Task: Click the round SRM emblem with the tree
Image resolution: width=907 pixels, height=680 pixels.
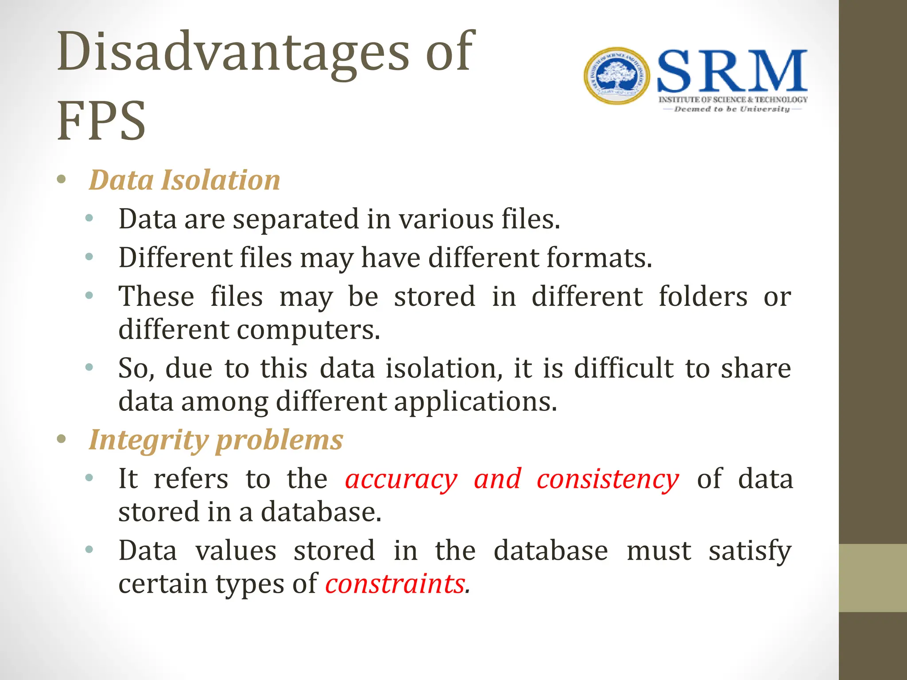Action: pyautogui.click(x=616, y=76)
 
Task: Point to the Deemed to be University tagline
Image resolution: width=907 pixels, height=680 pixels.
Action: pyautogui.click(x=732, y=109)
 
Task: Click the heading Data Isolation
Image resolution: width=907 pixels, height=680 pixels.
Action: pyautogui.click(x=184, y=180)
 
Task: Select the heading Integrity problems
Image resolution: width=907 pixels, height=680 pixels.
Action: pyautogui.click(x=216, y=440)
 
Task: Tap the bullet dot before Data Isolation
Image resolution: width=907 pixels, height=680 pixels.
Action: pyautogui.click(x=62, y=180)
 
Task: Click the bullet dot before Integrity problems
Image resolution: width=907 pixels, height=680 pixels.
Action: pyautogui.click(x=62, y=439)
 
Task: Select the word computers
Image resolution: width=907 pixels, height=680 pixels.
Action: pyautogui.click(x=308, y=330)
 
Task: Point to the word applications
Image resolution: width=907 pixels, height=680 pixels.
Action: pyautogui.click(x=475, y=402)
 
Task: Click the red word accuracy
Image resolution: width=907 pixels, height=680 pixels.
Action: pyautogui.click(x=401, y=479)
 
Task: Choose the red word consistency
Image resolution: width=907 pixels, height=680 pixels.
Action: pyautogui.click(x=608, y=479)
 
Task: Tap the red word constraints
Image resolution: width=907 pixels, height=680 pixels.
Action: pyautogui.click(x=397, y=583)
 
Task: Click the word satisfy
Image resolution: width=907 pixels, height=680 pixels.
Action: pyautogui.click(x=750, y=551)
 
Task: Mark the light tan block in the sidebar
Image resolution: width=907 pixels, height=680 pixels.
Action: pyautogui.click(x=872, y=578)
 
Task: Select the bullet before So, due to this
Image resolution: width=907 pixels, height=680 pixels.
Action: pyautogui.click(x=89, y=367)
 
